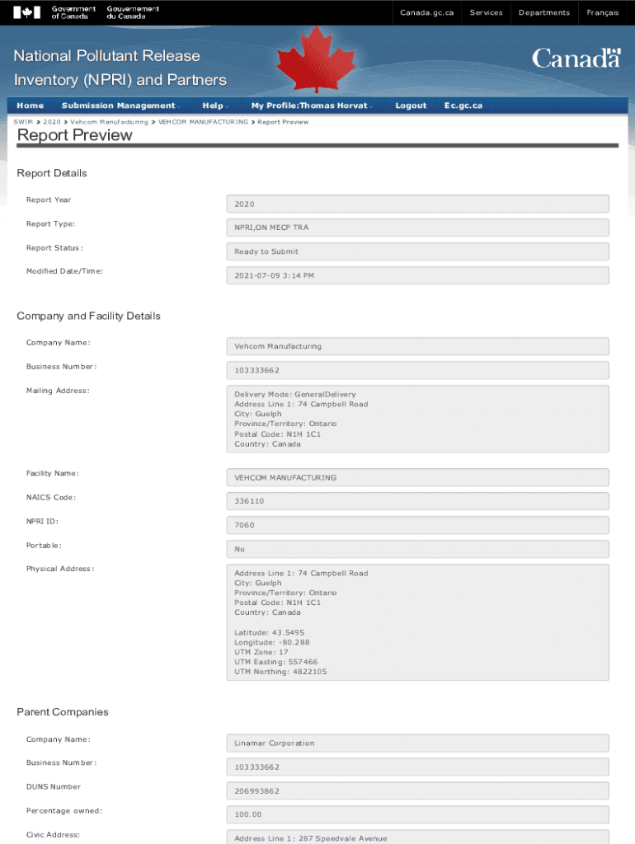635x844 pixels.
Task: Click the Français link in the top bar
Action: point(603,12)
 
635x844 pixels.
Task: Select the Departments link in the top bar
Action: point(543,12)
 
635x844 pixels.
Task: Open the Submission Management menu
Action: point(119,105)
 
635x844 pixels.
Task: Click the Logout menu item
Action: point(411,105)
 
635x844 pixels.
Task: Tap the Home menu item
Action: point(31,105)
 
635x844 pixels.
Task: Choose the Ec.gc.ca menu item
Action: point(463,105)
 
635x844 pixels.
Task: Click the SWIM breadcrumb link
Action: point(23,122)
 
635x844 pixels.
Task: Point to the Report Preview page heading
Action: point(74,135)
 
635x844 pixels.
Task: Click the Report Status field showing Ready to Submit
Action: point(417,251)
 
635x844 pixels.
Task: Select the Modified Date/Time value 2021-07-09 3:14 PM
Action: point(417,275)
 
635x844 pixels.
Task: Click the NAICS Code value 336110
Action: point(417,501)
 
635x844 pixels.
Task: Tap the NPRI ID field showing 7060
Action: point(417,525)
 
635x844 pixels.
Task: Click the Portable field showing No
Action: point(417,549)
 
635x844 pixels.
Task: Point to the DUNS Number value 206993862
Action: point(417,791)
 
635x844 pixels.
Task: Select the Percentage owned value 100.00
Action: point(417,815)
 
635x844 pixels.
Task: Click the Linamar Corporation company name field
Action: point(417,743)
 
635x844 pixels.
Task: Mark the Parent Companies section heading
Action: point(63,712)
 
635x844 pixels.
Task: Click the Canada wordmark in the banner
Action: point(576,59)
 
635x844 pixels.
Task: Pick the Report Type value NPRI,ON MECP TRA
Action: point(417,227)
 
